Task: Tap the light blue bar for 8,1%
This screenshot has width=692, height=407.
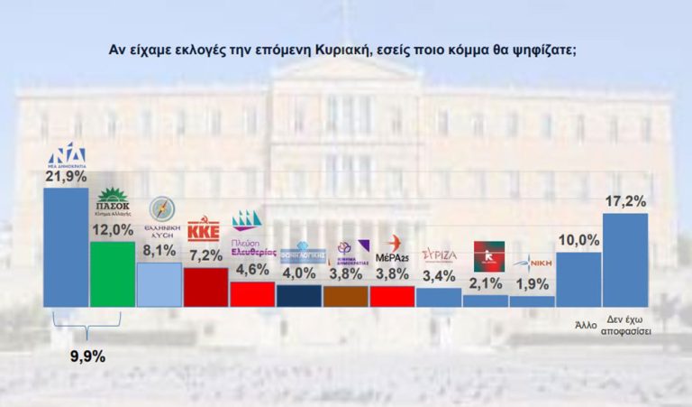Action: [x=159, y=284]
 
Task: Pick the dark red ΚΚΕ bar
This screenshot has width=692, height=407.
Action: [x=205, y=287]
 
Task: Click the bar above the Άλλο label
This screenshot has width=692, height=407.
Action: [x=578, y=280]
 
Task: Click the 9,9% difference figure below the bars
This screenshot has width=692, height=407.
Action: [x=87, y=356]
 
